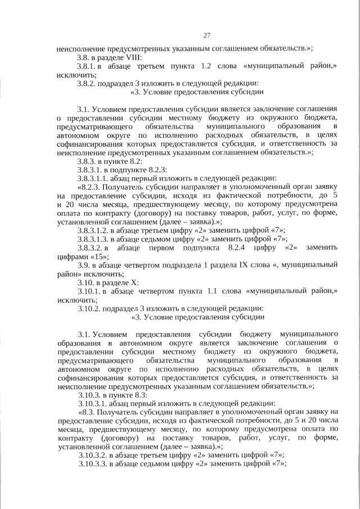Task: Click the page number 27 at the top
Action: click(x=206, y=35)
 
